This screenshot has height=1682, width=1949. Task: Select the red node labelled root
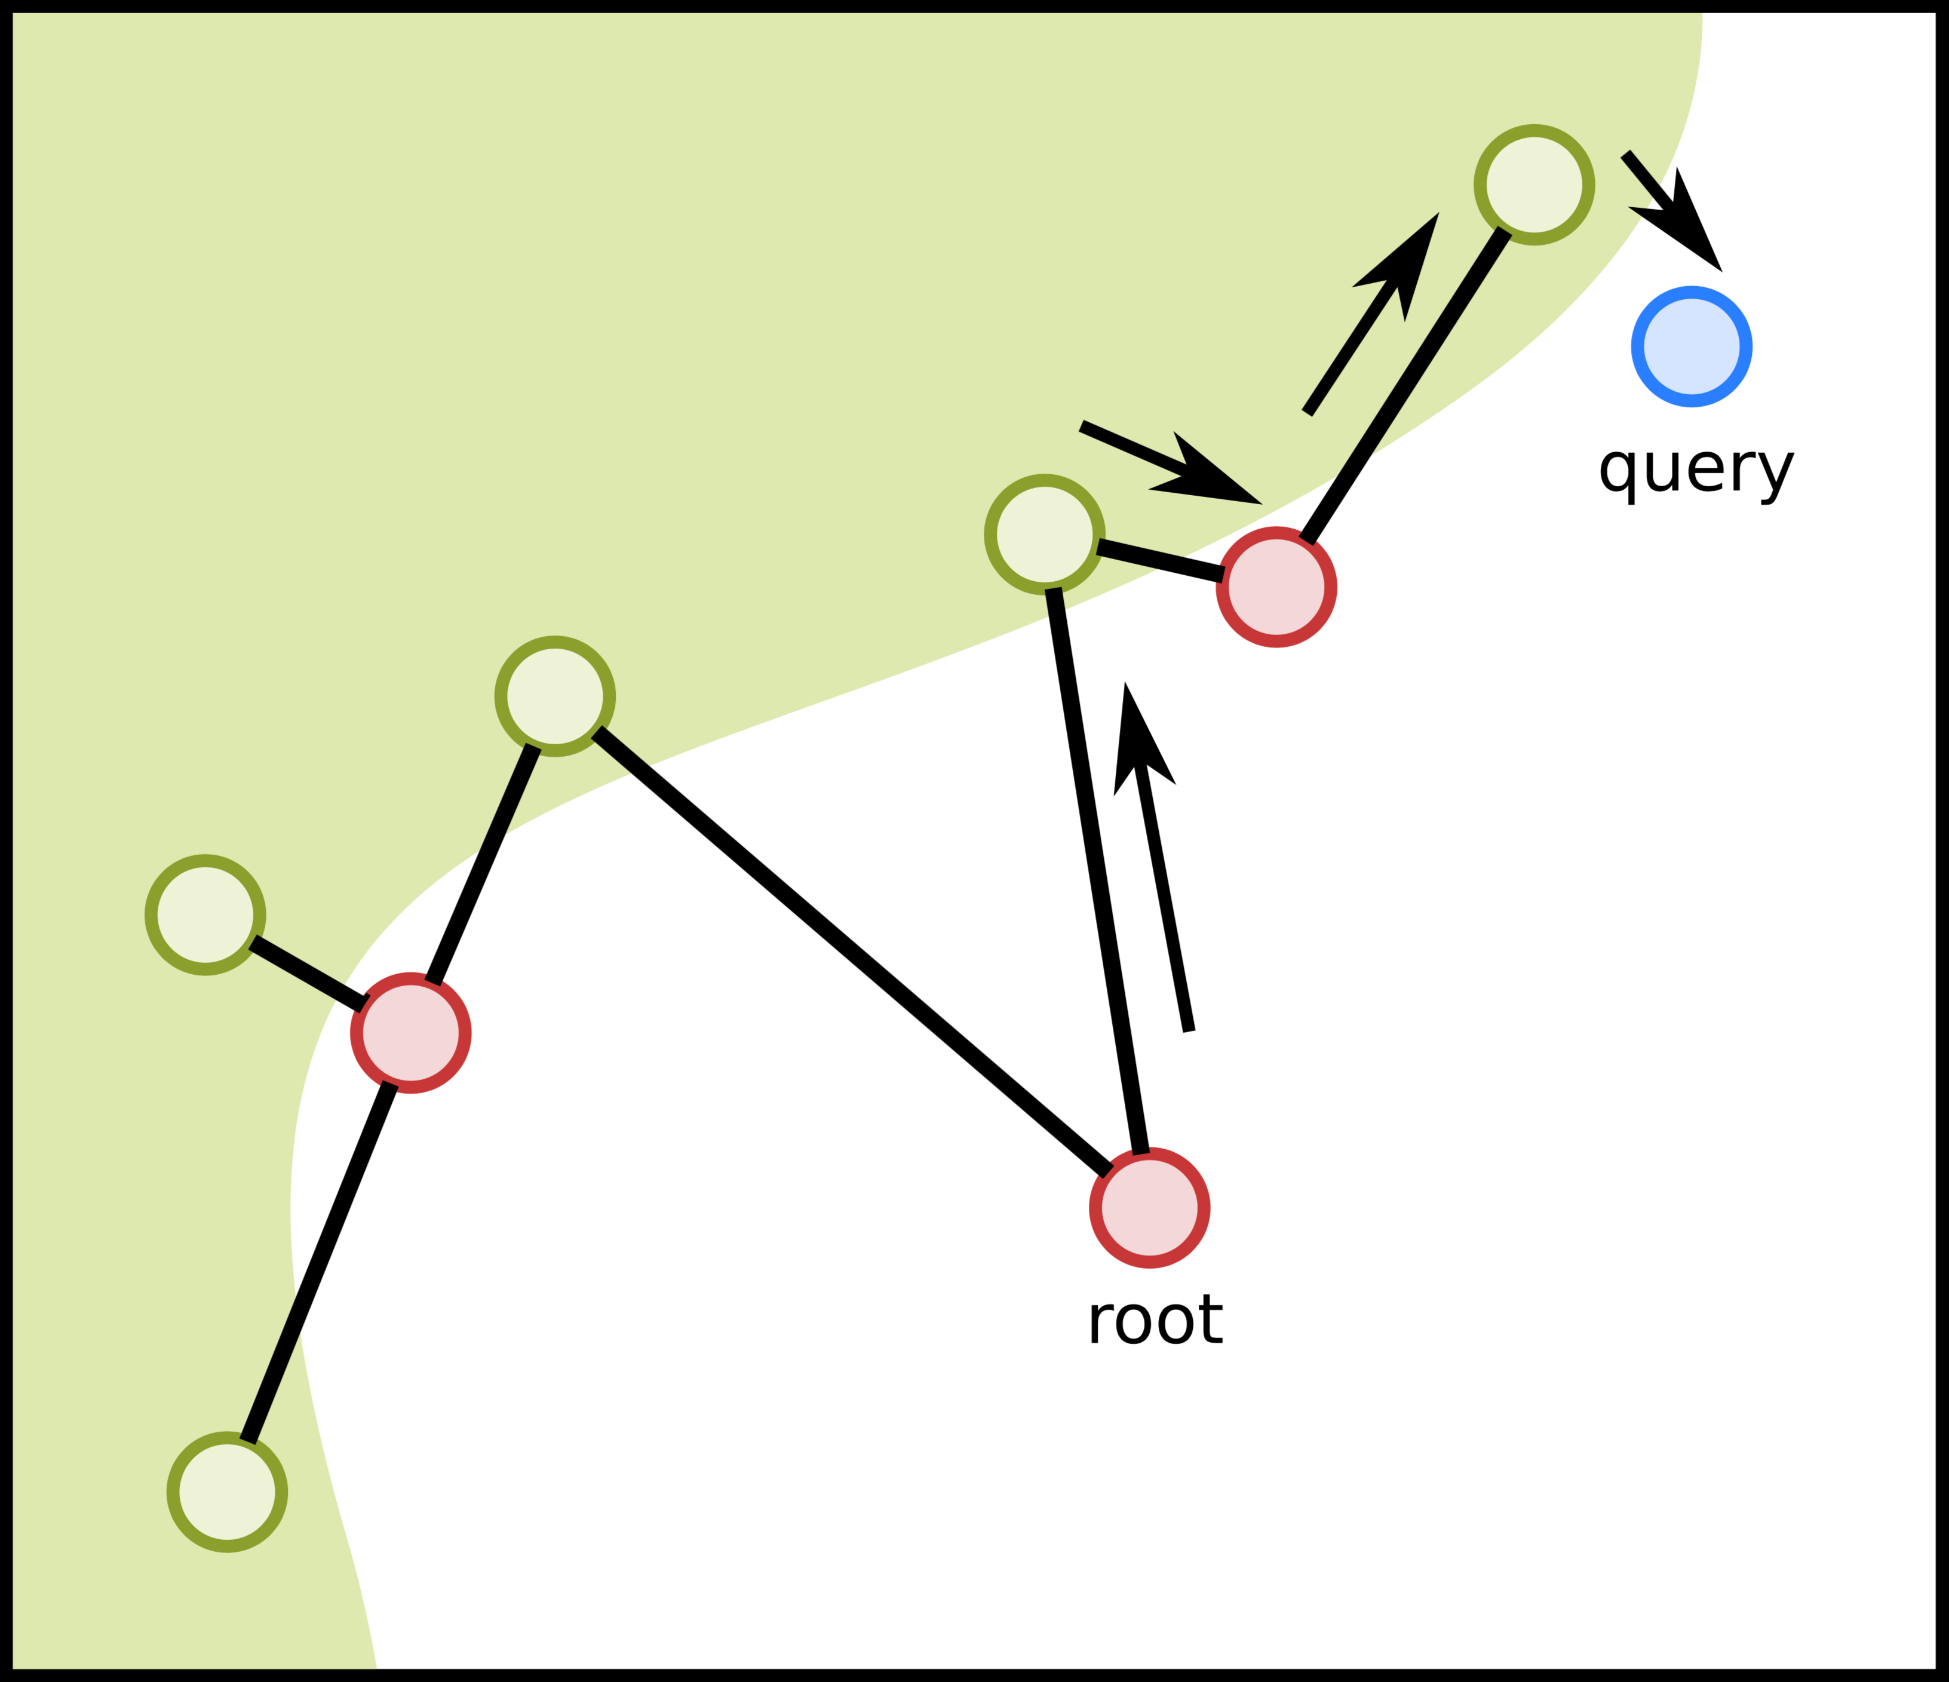tap(1149, 1208)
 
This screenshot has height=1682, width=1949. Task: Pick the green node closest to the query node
tap(1534, 185)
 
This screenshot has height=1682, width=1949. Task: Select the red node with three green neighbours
tap(411, 1033)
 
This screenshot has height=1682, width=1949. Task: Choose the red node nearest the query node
tap(1276, 587)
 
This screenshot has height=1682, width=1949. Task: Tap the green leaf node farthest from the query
tap(227, 1492)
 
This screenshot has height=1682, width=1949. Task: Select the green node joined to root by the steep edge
tap(1044, 535)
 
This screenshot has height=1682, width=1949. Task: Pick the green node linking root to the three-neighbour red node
tap(555, 696)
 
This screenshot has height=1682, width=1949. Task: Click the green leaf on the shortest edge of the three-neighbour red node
tap(205, 914)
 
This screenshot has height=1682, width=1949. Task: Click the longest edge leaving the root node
tap(851, 950)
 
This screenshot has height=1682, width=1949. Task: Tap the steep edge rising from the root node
tap(1097, 870)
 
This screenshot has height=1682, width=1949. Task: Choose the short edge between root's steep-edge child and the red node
tap(1160, 561)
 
